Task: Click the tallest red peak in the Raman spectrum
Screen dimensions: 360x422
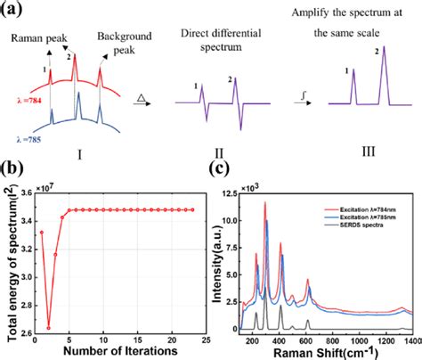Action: [265, 203]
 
